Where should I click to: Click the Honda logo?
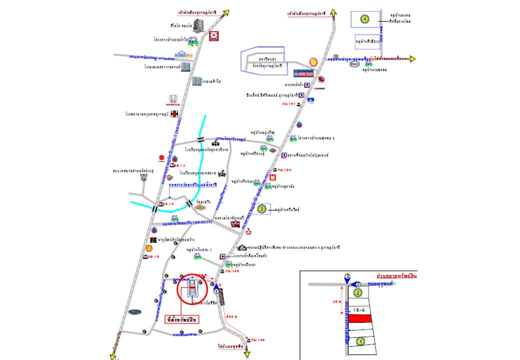172,100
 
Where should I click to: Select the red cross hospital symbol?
174,114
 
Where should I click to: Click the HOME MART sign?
302,73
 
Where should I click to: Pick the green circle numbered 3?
260,209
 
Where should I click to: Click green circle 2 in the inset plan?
357,293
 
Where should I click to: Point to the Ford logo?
135,312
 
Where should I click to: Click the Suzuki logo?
161,158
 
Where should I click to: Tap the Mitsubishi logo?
248,231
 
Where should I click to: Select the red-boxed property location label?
182,319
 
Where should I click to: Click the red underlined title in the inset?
396,276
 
